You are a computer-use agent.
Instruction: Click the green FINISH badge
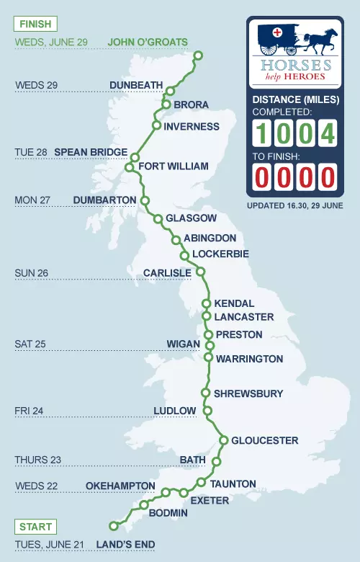coord(35,24)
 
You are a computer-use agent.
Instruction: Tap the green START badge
coord(35,526)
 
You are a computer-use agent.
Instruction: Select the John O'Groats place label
coord(148,42)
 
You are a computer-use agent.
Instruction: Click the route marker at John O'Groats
coord(199,55)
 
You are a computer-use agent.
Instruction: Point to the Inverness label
coord(192,127)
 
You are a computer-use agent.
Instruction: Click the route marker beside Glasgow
coord(158,218)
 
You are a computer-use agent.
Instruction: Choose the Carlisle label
coord(167,273)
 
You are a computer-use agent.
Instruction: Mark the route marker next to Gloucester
coord(224,440)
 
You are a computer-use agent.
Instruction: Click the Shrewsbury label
coord(248,393)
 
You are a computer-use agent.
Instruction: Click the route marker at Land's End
coord(112,525)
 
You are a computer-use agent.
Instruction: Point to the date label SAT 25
coord(30,344)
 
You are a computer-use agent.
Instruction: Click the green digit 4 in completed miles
coord(328,133)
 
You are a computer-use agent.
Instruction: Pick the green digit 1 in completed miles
coord(263,133)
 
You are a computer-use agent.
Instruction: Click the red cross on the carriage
coord(276,32)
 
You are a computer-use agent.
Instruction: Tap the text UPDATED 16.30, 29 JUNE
coord(295,205)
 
